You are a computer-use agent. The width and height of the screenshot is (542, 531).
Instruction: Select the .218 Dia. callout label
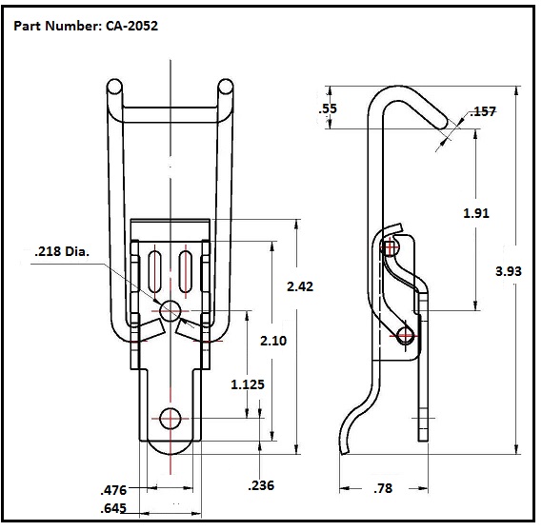(62, 252)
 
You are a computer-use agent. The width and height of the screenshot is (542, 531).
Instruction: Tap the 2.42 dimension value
(300, 285)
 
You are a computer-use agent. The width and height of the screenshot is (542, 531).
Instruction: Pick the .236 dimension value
(261, 485)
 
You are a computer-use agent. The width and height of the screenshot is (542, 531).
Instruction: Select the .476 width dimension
(114, 490)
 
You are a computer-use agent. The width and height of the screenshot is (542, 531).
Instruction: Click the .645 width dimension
(114, 508)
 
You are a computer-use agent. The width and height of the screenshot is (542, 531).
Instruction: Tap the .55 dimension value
(328, 109)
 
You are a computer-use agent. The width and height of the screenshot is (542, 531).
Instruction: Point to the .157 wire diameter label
(484, 112)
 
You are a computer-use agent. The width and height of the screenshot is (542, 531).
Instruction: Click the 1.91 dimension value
(475, 213)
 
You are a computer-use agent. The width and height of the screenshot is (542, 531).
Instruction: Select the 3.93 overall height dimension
(511, 271)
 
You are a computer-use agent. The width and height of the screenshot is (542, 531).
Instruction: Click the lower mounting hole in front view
(171, 418)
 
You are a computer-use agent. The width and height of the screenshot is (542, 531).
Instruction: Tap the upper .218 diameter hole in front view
(171, 309)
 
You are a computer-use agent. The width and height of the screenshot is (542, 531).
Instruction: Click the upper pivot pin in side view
(391, 248)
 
